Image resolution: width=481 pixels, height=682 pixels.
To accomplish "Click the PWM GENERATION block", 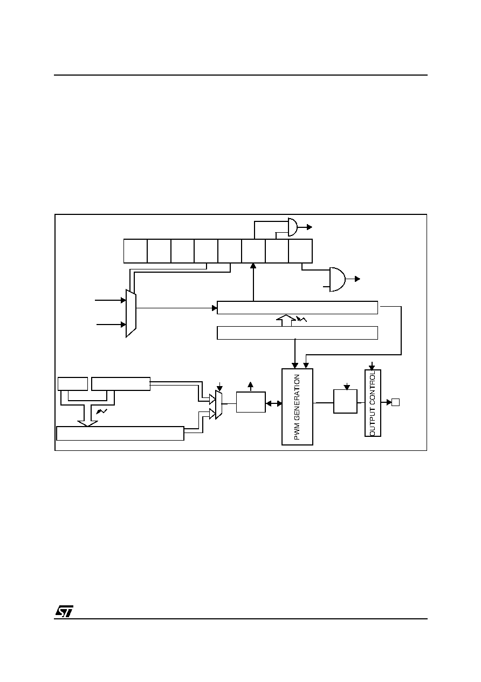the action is (297, 407).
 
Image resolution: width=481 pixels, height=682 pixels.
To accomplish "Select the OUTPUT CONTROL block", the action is (373, 403).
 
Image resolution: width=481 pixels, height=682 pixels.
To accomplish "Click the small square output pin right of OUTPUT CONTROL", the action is (395, 402).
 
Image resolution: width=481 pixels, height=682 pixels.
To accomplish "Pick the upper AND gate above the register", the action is (293, 227).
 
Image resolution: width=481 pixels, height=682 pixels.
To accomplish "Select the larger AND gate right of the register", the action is (338, 280).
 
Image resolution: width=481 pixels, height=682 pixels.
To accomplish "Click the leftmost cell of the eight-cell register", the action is (135, 251).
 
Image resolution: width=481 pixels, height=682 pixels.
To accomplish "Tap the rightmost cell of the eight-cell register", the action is (300, 251).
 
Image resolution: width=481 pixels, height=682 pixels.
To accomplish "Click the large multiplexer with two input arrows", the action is (131, 313).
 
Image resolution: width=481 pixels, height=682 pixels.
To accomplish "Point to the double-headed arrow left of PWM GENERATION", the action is (273, 404).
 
